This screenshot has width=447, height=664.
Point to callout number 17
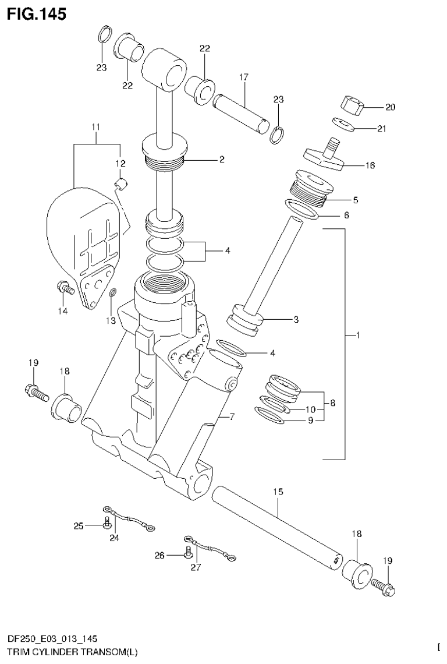(243, 77)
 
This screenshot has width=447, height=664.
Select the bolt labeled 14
(63, 287)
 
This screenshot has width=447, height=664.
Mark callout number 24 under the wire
(114, 538)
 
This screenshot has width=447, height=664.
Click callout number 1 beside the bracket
(358, 335)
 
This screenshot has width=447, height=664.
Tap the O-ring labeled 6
(303, 212)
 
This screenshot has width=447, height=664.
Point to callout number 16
(370, 165)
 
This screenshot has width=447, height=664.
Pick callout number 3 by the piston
(296, 319)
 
